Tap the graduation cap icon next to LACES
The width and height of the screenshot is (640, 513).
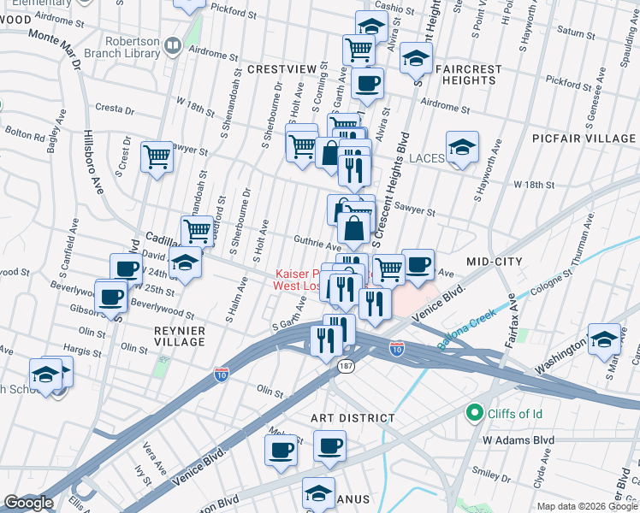(x=462, y=147)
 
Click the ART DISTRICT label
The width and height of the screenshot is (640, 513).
(x=353, y=418)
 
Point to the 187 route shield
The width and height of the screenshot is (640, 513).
(x=345, y=366)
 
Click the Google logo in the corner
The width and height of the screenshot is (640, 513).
(x=28, y=503)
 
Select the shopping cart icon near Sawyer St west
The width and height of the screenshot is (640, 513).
(x=157, y=157)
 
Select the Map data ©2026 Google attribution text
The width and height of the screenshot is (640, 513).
(x=586, y=506)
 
